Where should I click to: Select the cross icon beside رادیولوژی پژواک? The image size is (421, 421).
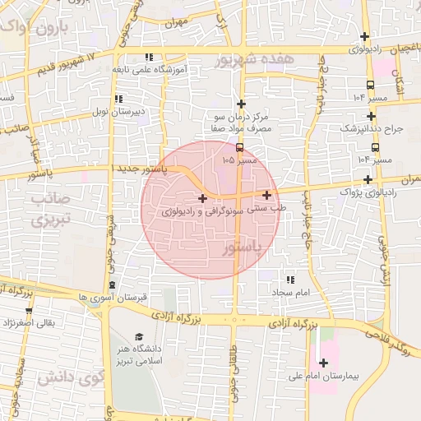368,178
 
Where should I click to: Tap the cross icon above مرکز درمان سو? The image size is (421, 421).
241,104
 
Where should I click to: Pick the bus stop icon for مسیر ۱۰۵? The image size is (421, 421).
239,148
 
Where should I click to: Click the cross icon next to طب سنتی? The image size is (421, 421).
267,195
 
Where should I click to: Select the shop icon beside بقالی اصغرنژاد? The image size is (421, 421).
30,311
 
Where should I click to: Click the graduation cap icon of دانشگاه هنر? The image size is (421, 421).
139,337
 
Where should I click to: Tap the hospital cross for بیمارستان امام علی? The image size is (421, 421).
323,363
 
